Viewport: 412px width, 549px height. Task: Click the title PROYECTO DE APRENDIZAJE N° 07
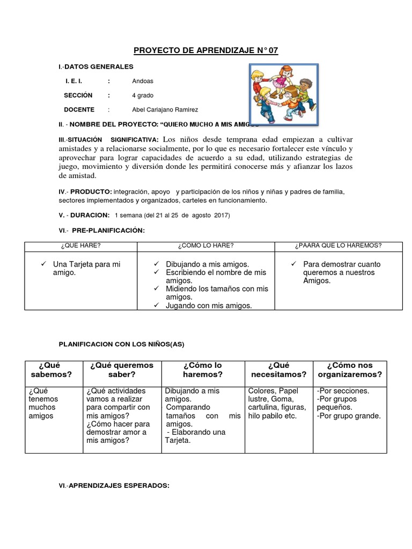pos(206,50)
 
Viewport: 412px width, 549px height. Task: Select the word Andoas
pos(143,81)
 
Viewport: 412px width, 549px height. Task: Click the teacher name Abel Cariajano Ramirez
pos(165,110)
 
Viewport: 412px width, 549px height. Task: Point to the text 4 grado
pos(143,95)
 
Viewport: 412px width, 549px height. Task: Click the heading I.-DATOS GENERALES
pos(96,66)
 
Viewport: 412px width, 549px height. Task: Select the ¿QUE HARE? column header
pos(81,246)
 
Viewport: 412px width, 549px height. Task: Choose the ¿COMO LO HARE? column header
pos(206,246)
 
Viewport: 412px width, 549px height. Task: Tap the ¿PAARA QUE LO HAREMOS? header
pos(338,246)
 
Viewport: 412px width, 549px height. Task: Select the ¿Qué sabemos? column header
pos(51,370)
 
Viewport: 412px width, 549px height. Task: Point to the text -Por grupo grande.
pos(349,416)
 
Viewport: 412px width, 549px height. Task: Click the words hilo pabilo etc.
pos(272,416)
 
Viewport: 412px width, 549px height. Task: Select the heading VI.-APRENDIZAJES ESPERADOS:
pos(114,486)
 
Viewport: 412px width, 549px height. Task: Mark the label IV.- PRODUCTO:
pos(85,192)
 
